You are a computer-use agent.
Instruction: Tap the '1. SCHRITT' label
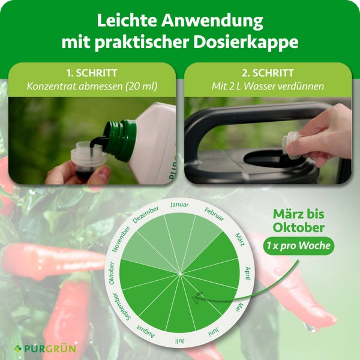pos(91,73)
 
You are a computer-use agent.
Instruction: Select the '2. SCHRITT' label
pos(267,73)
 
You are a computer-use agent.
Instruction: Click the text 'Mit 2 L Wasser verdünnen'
pos(268,86)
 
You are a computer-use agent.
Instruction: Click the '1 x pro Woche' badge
pos(298,245)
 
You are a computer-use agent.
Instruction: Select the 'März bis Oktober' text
pos(298,221)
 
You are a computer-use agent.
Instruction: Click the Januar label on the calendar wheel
pos(179,205)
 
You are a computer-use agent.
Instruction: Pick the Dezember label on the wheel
pos(146,214)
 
